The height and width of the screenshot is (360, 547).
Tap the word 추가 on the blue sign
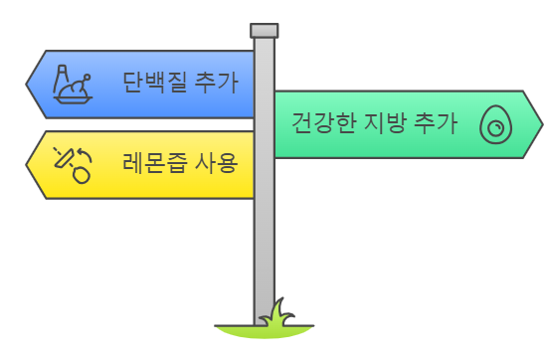tap(221, 81)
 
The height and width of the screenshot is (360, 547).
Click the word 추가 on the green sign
tap(436, 124)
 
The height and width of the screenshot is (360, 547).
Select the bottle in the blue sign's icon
tap(63, 76)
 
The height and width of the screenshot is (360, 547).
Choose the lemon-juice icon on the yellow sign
tap(73, 164)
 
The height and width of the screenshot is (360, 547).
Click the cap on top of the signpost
tap(264, 30)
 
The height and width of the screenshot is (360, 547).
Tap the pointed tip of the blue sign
tap(27, 83)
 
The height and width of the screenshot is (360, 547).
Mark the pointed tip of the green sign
tap(541, 124)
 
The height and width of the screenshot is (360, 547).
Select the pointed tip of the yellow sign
tap(27, 164)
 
